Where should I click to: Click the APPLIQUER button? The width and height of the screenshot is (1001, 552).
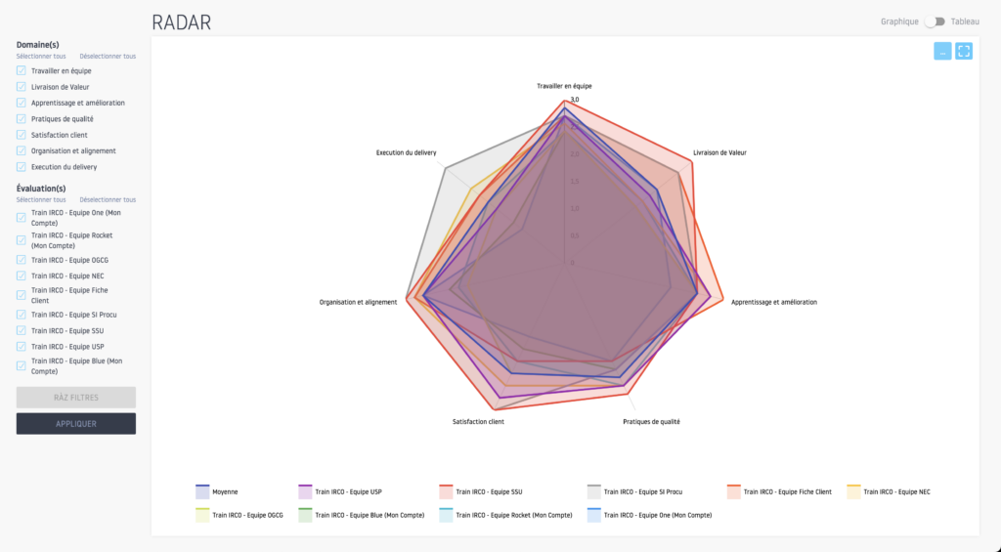click(75, 423)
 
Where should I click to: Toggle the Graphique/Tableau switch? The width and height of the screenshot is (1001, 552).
click(936, 21)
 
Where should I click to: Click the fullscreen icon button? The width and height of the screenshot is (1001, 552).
click(963, 52)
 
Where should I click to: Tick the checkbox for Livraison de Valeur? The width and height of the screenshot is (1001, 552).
click(22, 87)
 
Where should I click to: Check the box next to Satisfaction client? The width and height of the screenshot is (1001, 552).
click(22, 135)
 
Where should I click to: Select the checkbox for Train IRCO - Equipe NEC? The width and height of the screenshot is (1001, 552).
click(22, 276)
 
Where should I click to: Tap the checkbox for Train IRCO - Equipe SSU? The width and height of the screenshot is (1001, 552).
click(22, 330)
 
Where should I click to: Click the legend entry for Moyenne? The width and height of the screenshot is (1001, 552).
click(224, 491)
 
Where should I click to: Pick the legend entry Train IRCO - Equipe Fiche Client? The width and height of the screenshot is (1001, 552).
click(787, 491)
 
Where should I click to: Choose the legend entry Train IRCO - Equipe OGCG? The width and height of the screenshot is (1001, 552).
click(247, 514)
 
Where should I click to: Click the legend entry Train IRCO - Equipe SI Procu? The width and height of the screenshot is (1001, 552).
click(644, 491)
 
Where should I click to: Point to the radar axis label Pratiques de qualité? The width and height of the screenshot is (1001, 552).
click(651, 422)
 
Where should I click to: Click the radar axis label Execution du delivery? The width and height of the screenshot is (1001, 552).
click(406, 152)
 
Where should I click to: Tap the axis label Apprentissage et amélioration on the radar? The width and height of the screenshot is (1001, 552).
click(773, 302)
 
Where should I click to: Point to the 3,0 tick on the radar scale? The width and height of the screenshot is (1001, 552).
click(575, 100)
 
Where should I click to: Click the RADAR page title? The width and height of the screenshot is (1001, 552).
click(181, 21)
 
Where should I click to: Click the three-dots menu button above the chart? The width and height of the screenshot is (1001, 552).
click(942, 52)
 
